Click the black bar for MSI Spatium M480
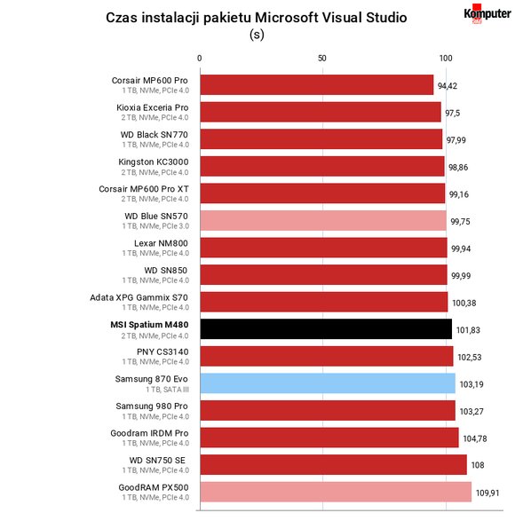(326, 329)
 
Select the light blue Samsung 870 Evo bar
(328, 383)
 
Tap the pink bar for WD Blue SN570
(323, 220)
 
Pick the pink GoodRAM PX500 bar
(336, 492)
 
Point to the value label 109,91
(487, 493)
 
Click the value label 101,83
(468, 330)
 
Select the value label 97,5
(453, 113)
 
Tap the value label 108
(478, 465)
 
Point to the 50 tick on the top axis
(321, 59)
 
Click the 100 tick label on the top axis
(446, 59)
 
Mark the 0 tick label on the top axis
(199, 59)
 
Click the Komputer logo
(487, 14)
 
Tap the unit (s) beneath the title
(257, 35)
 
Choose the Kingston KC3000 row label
(154, 162)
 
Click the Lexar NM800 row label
(161, 243)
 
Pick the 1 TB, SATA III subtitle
(167, 390)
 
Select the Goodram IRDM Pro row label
(149, 433)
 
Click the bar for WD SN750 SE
(334, 464)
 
